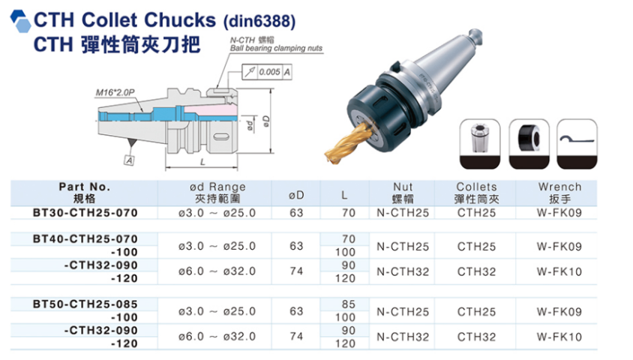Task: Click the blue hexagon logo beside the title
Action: coord(20,21)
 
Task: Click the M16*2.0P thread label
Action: coord(115,92)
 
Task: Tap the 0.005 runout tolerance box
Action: coord(267,72)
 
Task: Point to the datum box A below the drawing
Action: coord(129,160)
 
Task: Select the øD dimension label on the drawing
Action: coord(265,120)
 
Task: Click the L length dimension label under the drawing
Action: coord(202,162)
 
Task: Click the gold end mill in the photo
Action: coord(346,142)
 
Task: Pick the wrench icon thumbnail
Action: coord(577,144)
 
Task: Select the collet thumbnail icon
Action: coord(480,144)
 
